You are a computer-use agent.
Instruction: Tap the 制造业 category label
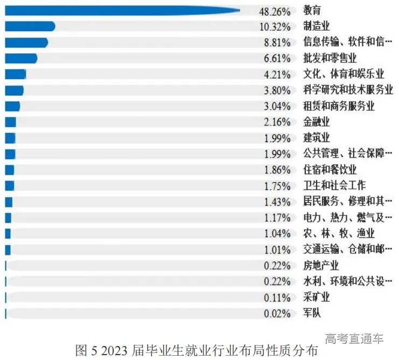coord(317,26)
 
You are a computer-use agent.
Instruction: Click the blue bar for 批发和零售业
coord(21,58)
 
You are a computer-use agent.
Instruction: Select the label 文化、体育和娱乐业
coord(344,74)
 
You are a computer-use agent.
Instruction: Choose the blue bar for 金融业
coord(10,122)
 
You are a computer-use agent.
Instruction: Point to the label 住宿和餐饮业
coord(330,170)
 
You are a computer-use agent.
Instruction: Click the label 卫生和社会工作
coord(334,186)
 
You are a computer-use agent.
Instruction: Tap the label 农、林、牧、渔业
coord(339,233)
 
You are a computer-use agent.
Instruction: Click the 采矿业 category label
coord(317,297)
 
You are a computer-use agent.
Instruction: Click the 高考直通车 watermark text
coord(354,338)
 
